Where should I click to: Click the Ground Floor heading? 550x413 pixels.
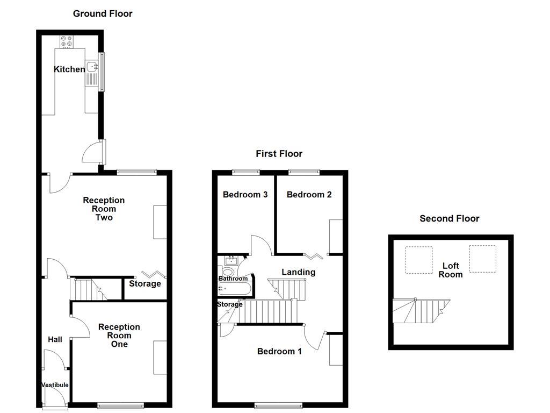point(103,13)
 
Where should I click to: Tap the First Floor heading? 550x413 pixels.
point(279,154)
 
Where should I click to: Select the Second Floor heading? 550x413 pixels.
point(449,218)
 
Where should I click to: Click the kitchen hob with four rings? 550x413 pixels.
point(67,41)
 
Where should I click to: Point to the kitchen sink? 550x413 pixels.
point(92,67)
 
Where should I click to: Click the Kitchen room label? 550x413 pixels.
point(69,69)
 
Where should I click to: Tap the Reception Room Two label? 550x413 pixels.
point(104,209)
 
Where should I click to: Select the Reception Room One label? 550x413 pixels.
point(119,335)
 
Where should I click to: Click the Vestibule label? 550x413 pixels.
point(55,385)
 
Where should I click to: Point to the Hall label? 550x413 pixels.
point(55,339)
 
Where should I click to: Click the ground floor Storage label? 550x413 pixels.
point(144,283)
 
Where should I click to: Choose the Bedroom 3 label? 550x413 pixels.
point(245,195)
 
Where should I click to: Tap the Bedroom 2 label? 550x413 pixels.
point(309,195)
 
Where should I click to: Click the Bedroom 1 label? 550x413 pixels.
point(279,352)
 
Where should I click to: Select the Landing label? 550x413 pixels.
point(298,272)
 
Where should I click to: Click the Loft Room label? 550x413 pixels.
point(450,270)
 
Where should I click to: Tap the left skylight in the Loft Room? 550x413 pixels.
point(418,260)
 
